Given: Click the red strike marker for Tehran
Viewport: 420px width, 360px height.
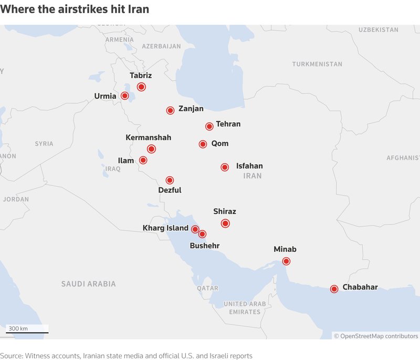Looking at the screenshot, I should pos(209,126).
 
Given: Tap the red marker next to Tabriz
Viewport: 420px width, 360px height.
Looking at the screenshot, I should pos(141,87).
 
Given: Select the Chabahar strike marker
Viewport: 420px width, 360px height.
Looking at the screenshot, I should pos(334,289).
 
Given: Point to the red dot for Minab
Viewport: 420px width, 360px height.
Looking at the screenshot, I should pos(286,261).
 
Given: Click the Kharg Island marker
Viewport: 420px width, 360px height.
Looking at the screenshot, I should pos(195,229).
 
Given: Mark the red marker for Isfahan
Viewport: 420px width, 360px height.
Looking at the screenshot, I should pos(225,167).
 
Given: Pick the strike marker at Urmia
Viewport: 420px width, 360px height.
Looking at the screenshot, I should pos(125,96).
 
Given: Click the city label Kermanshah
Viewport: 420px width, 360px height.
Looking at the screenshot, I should pos(148,137).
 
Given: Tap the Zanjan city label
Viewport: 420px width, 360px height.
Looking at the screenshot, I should pos(191,109).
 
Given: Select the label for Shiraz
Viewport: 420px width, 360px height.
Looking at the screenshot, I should pos(225,211).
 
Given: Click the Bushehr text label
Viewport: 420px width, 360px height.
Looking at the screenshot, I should pos(205,246).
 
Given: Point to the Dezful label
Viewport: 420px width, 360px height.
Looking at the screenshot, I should pos(170,190).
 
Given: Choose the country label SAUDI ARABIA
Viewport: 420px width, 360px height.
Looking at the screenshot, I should pos(88,284).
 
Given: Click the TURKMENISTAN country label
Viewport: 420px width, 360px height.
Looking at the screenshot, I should pos(317,64).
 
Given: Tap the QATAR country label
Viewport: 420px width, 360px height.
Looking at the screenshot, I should pos(207,288).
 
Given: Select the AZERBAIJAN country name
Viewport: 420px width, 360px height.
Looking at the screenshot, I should pos(161,46).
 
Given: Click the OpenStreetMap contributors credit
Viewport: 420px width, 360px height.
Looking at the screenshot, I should pos(379,336).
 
